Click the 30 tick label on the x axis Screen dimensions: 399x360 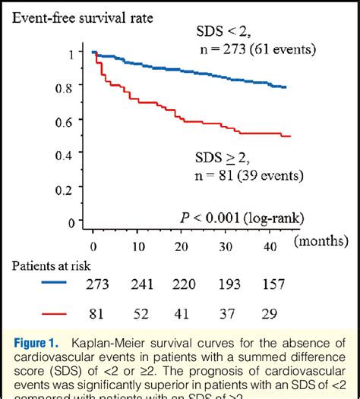point(227,247)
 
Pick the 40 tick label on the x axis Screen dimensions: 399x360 point(271,247)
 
